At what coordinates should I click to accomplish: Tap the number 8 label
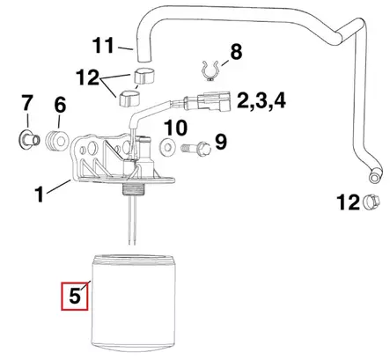click(x=236, y=54)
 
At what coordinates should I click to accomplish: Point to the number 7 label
click(x=26, y=105)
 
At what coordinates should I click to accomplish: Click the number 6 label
click(x=61, y=105)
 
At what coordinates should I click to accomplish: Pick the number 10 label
click(x=175, y=129)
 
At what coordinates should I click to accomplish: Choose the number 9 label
click(x=220, y=140)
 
